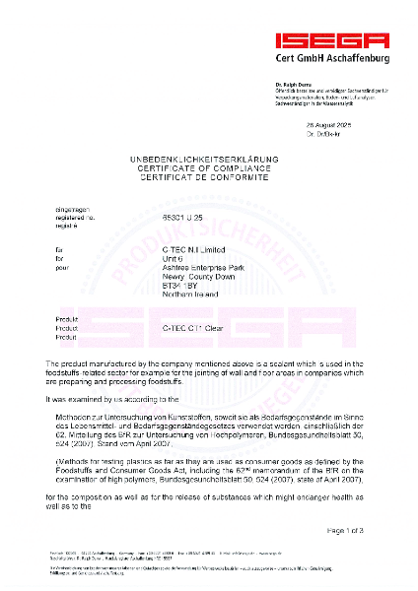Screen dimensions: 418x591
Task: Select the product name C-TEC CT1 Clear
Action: pyautogui.click(x=194, y=328)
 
